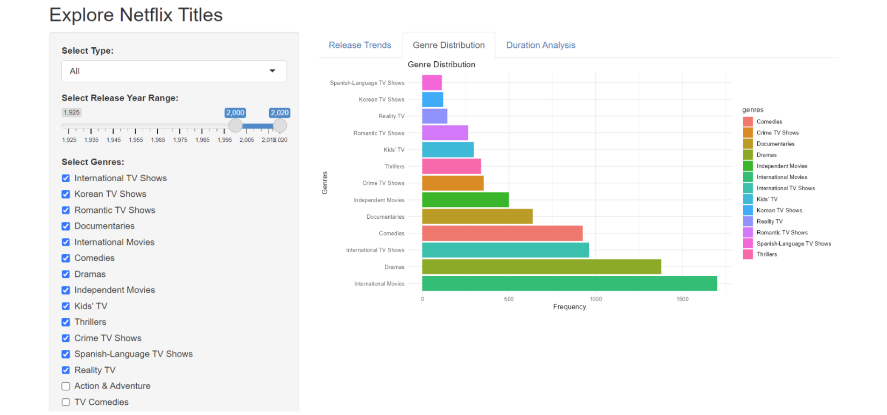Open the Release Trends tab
tap(360, 45)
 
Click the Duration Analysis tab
tap(540, 45)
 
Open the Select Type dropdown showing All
tap(174, 71)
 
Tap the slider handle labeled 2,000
tap(235, 126)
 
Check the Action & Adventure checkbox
tap(66, 386)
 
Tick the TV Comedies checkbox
tap(66, 402)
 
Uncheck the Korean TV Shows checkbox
tap(66, 194)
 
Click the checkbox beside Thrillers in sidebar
tap(66, 322)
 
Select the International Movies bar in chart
tap(569, 283)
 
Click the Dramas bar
tap(541, 267)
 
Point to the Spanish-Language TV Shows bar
tap(432, 83)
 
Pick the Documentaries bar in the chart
tap(477, 217)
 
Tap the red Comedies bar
tap(502, 233)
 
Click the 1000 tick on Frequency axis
tap(595, 299)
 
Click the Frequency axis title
tap(569, 307)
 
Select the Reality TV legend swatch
tap(748, 221)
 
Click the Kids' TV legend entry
tap(766, 199)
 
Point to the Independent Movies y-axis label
tap(378, 200)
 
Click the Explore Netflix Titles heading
tap(136, 15)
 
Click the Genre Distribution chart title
tap(441, 65)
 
